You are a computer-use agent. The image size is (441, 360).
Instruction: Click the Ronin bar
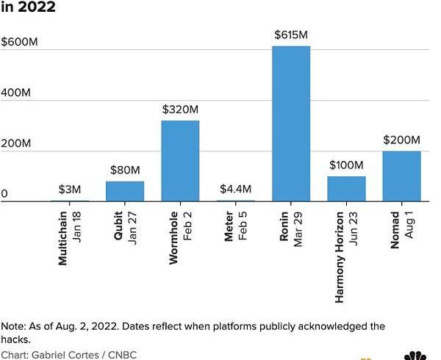pos(291,123)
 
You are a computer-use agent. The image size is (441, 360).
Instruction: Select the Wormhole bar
pos(180,160)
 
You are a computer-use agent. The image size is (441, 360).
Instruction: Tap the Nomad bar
pos(401,176)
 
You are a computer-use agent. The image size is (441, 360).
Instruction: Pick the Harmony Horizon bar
pos(346,188)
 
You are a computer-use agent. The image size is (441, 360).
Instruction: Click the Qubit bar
pos(125,191)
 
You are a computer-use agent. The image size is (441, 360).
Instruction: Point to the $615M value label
pos(291,35)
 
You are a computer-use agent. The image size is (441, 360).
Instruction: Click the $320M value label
pos(180,109)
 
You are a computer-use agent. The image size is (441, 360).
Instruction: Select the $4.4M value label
pos(235,189)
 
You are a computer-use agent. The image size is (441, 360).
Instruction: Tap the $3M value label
pos(69,189)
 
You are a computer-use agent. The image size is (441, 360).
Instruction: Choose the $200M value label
pos(401,140)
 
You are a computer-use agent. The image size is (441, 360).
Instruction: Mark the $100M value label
pos(346,165)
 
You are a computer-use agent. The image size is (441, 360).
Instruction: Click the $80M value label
pos(125,170)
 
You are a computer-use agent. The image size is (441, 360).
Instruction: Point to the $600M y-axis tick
pos(19,42)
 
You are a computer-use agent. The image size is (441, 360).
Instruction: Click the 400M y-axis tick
pos(15,93)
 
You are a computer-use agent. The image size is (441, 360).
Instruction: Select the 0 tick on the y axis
pos(4,194)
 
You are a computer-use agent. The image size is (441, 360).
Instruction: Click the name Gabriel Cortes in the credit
pos(62,355)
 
